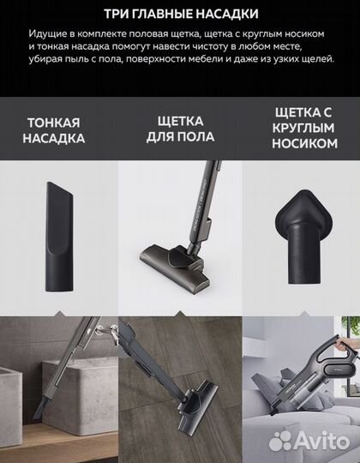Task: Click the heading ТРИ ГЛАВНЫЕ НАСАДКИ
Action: point(180,15)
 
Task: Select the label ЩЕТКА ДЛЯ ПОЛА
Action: point(180,129)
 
